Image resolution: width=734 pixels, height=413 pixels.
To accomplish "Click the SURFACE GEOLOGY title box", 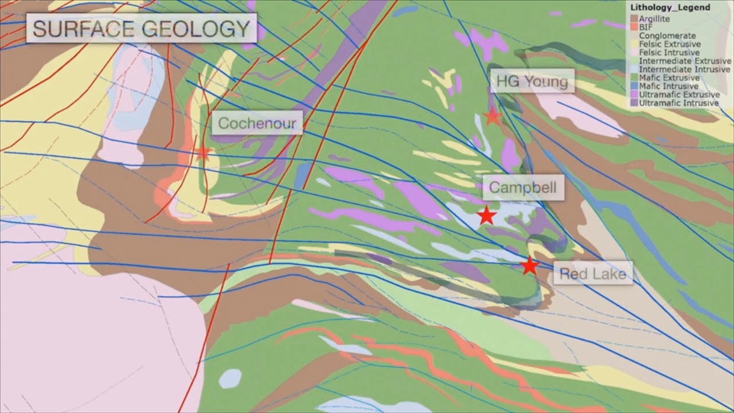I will (x=141, y=28).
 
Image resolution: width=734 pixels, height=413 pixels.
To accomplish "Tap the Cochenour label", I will (x=257, y=123).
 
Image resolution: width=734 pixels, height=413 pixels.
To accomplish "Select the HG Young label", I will (x=532, y=81).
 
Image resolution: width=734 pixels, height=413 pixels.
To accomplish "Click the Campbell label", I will (x=522, y=188).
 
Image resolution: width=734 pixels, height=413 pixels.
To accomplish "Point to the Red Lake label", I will (x=592, y=274).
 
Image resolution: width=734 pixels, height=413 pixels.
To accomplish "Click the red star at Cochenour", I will (x=202, y=153).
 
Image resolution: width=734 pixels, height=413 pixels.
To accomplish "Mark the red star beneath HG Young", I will (x=492, y=117).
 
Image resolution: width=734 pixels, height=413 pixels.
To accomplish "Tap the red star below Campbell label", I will (x=486, y=216).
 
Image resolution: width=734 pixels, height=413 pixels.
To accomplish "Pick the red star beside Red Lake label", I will (x=529, y=266).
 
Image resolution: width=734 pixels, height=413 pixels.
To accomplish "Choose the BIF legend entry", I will (x=646, y=27).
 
